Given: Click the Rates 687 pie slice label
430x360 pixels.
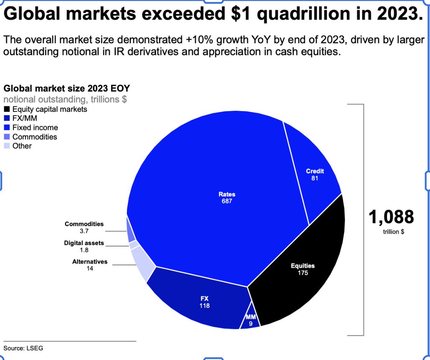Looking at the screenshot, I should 226,198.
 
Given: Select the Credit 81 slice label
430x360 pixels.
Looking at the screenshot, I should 315,174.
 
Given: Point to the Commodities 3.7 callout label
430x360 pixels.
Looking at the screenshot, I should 84,227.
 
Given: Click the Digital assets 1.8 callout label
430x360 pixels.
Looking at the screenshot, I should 84,246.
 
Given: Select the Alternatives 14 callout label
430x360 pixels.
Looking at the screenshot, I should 90,265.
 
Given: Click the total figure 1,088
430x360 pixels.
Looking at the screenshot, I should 391,217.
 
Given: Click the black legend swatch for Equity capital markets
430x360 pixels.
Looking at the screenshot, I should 7,109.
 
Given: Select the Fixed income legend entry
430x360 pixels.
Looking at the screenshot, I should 30,128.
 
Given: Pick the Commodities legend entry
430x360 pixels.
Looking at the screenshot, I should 30,137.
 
